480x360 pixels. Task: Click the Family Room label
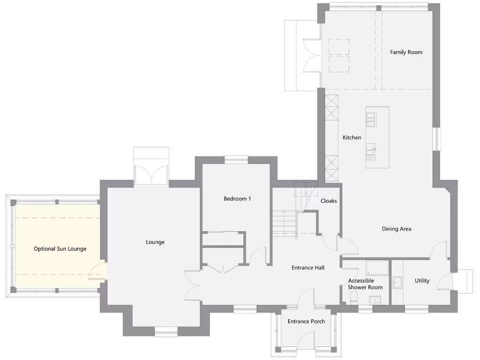click(x=406, y=52)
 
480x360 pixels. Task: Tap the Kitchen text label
click(x=352, y=137)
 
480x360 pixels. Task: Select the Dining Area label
click(x=396, y=229)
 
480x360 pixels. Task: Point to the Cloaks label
click(x=329, y=201)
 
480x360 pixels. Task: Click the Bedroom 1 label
click(x=237, y=198)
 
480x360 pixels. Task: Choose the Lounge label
click(x=155, y=242)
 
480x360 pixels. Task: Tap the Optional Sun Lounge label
click(x=60, y=248)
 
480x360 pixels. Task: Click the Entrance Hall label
click(x=308, y=268)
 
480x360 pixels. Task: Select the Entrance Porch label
click(x=306, y=321)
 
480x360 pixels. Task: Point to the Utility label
click(x=422, y=281)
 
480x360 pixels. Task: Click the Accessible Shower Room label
click(x=365, y=284)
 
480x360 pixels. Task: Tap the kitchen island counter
click(x=377, y=137)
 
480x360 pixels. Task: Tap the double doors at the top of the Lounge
click(x=151, y=174)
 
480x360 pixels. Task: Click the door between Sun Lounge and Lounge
click(x=99, y=271)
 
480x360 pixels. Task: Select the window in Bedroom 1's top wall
click(x=236, y=160)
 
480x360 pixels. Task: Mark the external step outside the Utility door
click(x=466, y=281)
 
